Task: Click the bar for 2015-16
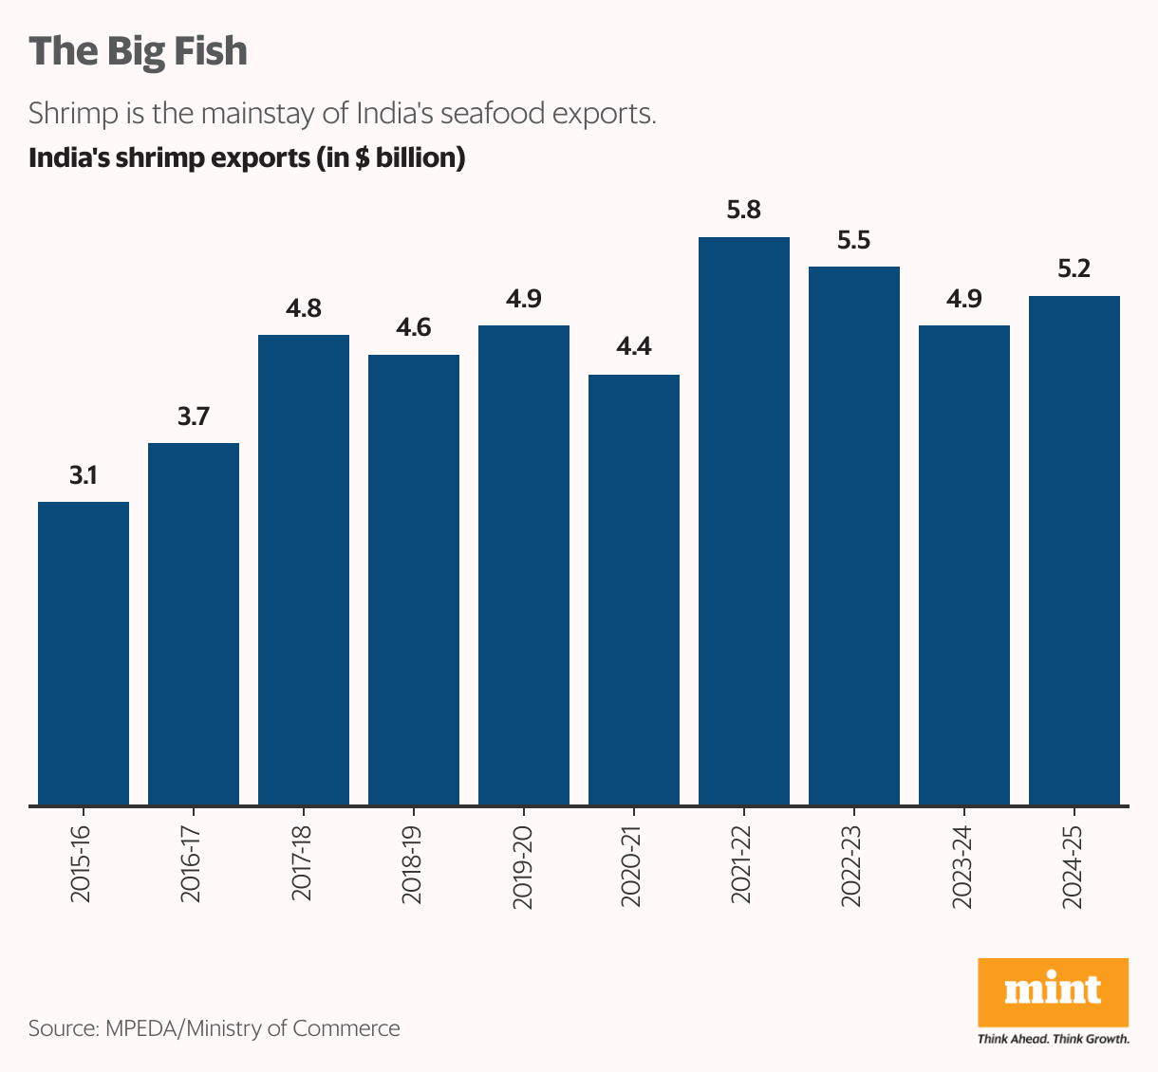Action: [x=84, y=654]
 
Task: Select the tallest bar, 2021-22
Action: [x=744, y=521]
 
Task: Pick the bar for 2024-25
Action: [x=1074, y=550]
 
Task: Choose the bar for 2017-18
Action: [x=304, y=570]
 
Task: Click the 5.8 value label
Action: [x=744, y=211]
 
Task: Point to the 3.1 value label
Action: [x=84, y=475]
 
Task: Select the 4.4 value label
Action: [x=634, y=347]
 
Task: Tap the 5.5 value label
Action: [x=854, y=240]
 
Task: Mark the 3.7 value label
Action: [x=194, y=416]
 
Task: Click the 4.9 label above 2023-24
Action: [x=964, y=299]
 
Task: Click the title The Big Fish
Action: [x=139, y=51]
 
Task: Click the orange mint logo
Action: [x=1053, y=991]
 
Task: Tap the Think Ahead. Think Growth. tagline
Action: [x=1053, y=1039]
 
